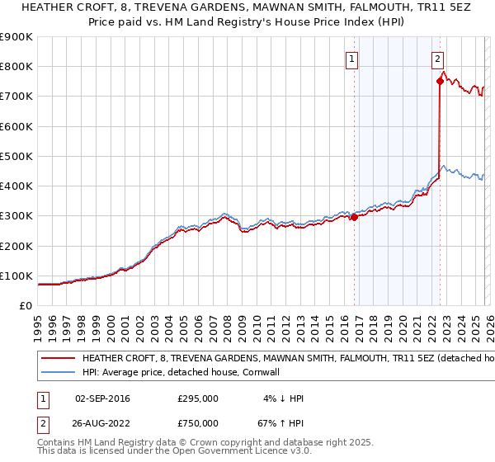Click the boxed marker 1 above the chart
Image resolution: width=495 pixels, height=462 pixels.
(x=352, y=59)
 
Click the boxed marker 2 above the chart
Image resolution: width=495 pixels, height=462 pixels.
(x=437, y=59)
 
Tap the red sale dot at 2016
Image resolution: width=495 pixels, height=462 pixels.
(x=354, y=217)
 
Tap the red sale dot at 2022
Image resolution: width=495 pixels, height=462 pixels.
(x=440, y=81)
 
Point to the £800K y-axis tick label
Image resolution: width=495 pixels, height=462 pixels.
(x=16, y=66)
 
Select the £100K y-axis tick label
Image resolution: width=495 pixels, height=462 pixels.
(x=16, y=276)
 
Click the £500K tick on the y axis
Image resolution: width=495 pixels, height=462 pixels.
(x=16, y=156)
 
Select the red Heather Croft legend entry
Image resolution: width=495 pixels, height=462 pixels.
(x=280, y=359)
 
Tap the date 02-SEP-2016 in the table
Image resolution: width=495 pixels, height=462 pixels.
(x=102, y=398)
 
